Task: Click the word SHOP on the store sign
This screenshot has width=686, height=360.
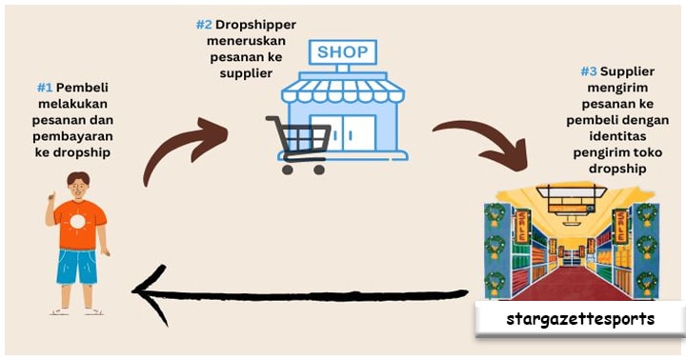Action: [343, 52]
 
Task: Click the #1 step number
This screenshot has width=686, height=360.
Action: [45, 88]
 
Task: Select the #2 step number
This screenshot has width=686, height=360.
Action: [204, 25]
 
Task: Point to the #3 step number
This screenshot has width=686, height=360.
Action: [589, 71]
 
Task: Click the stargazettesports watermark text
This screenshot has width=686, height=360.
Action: [580, 319]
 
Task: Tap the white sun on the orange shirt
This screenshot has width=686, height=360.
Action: [77, 222]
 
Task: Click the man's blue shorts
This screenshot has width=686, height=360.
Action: [77, 267]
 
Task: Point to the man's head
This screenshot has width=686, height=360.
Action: [78, 185]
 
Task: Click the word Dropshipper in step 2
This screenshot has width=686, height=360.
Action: [255, 25]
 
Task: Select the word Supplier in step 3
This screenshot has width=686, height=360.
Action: [627, 71]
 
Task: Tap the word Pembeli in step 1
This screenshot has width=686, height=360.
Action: [82, 88]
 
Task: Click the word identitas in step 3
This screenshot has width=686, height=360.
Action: [617, 136]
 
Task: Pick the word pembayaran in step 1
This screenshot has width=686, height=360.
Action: [72, 136]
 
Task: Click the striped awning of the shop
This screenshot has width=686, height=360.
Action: [343, 90]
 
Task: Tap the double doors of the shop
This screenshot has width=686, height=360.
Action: [343, 133]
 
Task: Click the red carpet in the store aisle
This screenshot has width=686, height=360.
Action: [572, 285]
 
